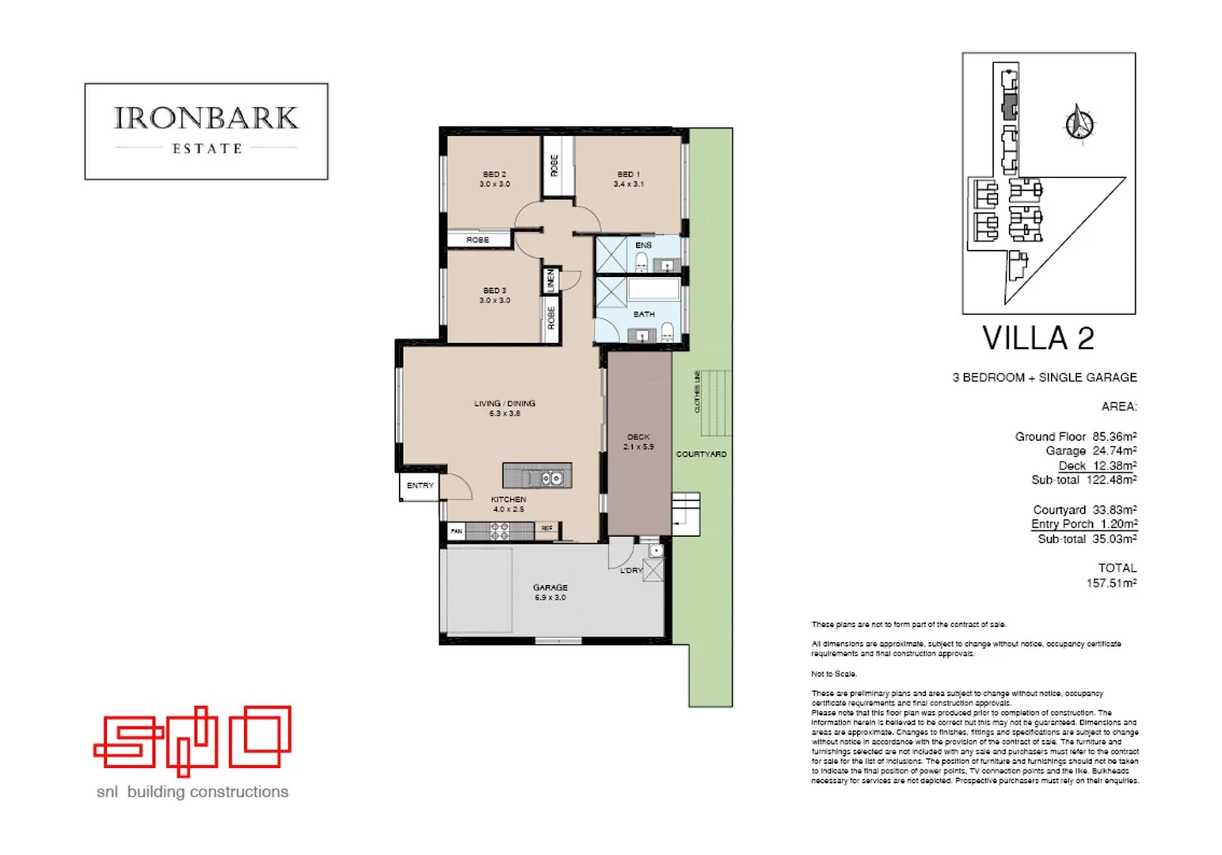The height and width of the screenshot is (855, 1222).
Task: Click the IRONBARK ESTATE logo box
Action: point(206,131)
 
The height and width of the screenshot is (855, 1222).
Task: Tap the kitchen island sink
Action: point(552,478)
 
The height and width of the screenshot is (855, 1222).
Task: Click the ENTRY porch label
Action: point(420,485)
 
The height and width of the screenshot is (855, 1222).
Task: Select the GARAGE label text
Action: point(550,587)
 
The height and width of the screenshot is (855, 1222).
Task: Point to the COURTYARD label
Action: point(701,454)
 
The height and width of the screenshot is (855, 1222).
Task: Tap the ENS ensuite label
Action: point(643,245)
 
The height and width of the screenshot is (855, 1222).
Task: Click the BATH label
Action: point(644,314)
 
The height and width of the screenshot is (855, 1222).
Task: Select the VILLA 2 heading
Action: point(1037,339)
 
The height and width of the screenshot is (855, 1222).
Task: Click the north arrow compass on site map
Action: point(1079,123)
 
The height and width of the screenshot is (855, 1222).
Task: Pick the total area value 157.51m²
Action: point(1111,583)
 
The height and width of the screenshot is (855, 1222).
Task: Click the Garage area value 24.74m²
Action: point(1114,451)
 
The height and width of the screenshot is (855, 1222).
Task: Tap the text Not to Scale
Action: point(833,674)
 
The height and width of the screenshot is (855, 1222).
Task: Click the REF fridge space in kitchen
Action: point(547,528)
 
